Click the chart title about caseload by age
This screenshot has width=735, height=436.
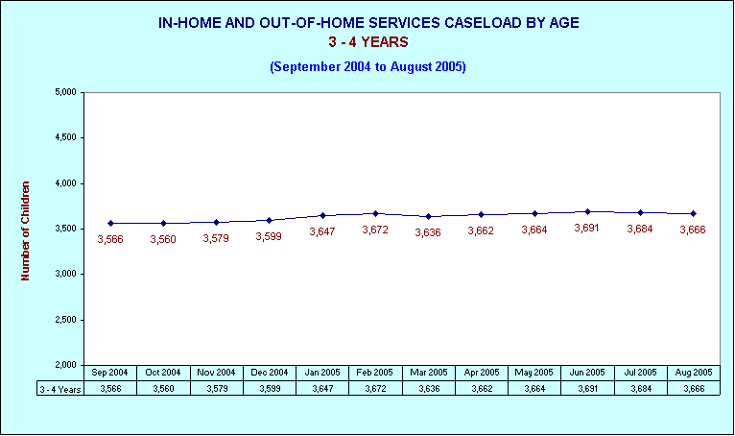[x=367, y=21]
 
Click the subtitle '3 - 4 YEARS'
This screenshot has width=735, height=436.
[x=367, y=42]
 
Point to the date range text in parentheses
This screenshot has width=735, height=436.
[x=367, y=66]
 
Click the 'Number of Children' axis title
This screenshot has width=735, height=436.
[x=26, y=230]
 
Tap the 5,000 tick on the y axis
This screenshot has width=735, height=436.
[x=65, y=93]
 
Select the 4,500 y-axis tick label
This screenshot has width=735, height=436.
[x=65, y=138]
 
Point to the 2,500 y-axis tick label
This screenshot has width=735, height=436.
[x=65, y=320]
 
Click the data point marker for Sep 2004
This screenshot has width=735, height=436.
[x=111, y=223]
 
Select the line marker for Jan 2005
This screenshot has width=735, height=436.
[x=322, y=215]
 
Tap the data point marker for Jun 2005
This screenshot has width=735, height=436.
[x=587, y=211]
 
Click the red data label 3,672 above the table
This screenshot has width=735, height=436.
[x=375, y=230]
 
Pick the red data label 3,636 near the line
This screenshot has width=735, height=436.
[x=428, y=233]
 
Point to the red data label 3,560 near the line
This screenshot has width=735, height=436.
[x=163, y=239]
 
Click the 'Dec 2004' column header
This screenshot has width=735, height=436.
[x=270, y=373]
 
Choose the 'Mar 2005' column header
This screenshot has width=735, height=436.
[x=428, y=373]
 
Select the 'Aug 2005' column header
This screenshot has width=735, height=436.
[x=693, y=373]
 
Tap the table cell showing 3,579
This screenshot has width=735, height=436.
[x=217, y=389]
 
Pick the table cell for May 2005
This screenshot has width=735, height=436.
[x=534, y=389]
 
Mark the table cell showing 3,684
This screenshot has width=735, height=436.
[x=640, y=389]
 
